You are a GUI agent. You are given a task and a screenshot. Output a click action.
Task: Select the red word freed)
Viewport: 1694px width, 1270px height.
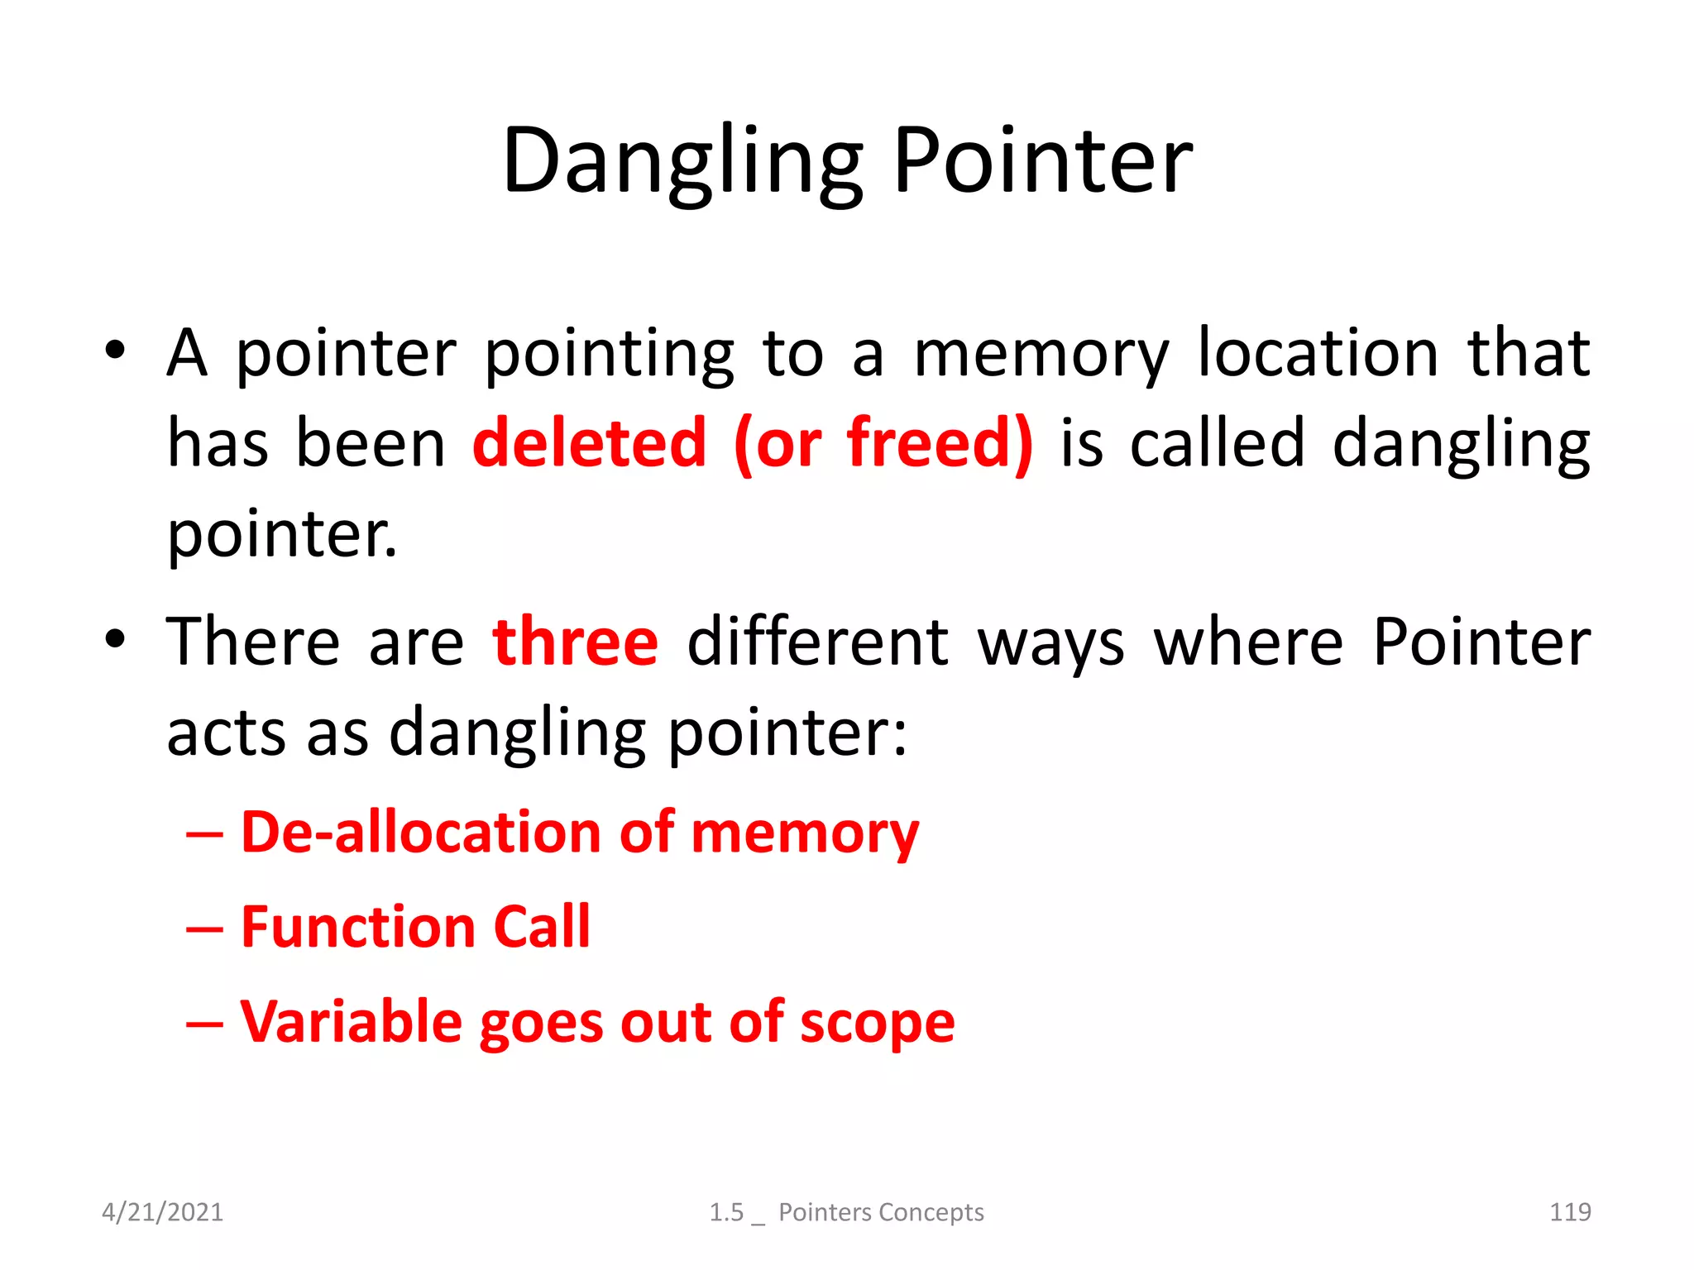click(x=940, y=445)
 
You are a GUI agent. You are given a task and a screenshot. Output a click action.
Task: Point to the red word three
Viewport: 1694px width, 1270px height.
click(x=576, y=642)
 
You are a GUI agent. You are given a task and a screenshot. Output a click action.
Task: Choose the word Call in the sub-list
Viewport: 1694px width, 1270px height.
click(x=542, y=927)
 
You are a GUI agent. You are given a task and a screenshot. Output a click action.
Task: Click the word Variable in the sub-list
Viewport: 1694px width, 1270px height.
click(x=351, y=1022)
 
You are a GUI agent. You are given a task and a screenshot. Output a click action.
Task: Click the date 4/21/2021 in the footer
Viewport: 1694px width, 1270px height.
click(x=162, y=1212)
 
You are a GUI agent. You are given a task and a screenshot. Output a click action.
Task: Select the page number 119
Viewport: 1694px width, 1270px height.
click(x=1569, y=1212)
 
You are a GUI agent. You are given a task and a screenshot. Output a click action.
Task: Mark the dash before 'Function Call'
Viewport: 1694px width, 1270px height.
click(x=204, y=929)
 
